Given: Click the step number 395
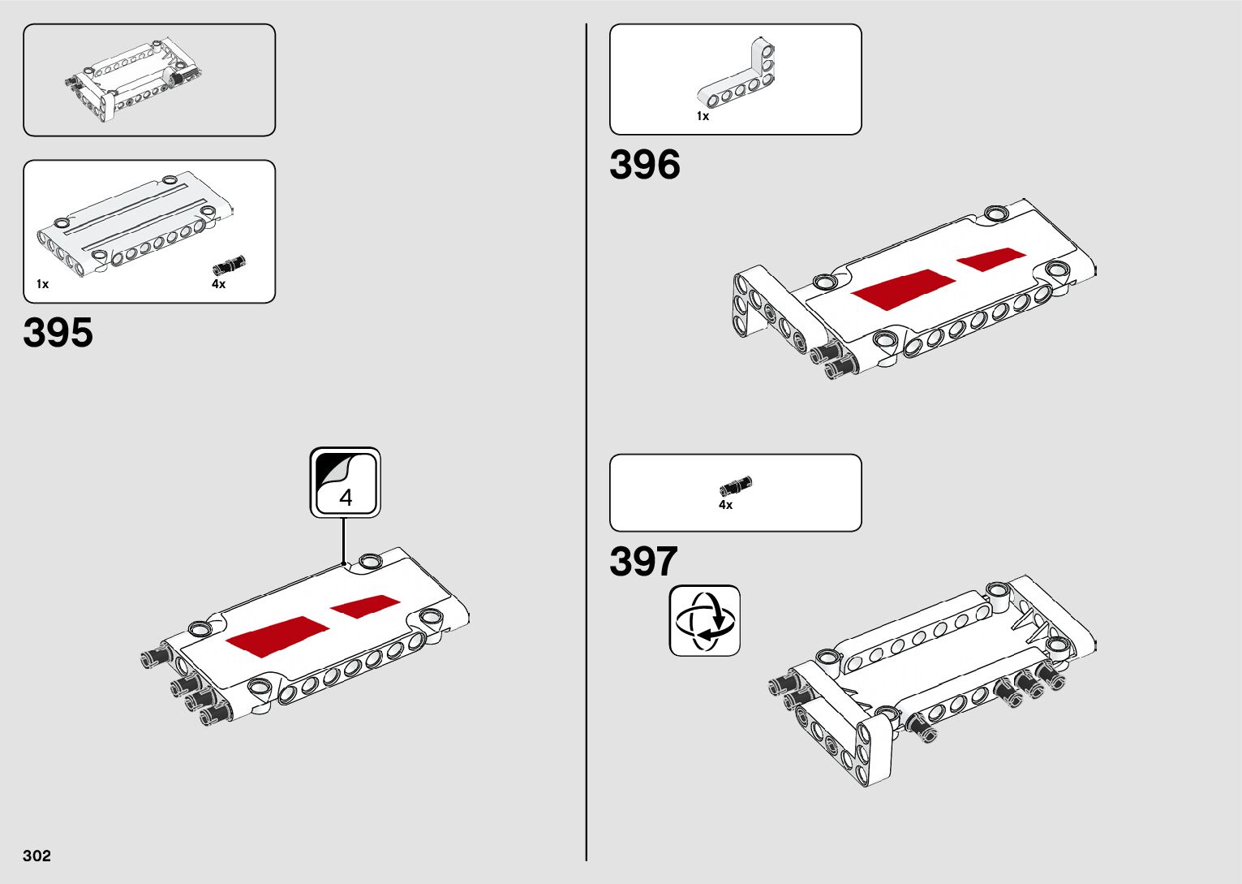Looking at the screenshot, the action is point(58,333).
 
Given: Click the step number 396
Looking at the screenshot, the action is point(644,165).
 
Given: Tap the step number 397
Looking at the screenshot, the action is point(643,562).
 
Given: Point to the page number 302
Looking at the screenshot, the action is point(37,856).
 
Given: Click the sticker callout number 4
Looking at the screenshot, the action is point(346,497).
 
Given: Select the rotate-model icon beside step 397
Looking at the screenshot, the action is point(704,621).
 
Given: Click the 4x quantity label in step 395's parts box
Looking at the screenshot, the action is point(219,284).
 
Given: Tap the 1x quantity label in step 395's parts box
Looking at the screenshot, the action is point(43,284).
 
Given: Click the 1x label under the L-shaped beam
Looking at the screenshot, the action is point(703,116).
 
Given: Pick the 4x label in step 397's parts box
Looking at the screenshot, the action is point(725,505).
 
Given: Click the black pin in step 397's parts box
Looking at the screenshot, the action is point(736,487).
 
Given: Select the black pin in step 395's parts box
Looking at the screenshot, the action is point(230,265).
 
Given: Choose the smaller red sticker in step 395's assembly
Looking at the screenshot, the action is point(364,606).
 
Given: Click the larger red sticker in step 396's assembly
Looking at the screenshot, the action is point(903,287).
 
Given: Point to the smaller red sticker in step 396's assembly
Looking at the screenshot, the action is point(991,258).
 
